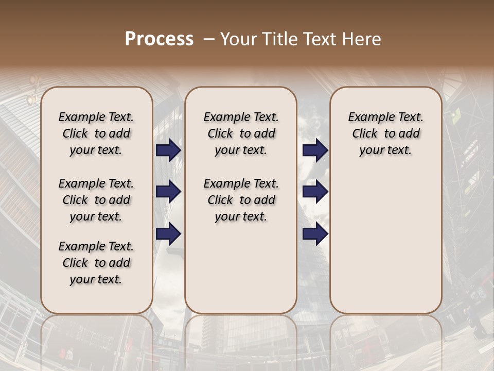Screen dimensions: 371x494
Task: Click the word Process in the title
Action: pyautogui.click(x=159, y=39)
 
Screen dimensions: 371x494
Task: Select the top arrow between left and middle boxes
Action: pyautogui.click(x=168, y=150)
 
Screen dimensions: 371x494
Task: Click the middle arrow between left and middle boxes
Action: pyautogui.click(x=168, y=192)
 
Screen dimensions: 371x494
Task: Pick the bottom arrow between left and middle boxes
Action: pyautogui.click(x=168, y=234)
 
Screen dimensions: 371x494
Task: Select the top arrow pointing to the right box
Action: pyautogui.click(x=315, y=150)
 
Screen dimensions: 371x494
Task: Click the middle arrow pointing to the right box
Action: pyautogui.click(x=315, y=192)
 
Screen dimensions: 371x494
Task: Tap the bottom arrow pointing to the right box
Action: pyautogui.click(x=315, y=234)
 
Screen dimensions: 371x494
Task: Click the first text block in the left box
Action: pyautogui.click(x=96, y=133)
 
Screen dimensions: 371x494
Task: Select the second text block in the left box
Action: pyautogui.click(x=96, y=200)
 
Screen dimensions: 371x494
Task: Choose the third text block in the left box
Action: pyautogui.click(x=96, y=263)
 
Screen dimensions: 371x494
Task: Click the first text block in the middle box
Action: pyautogui.click(x=241, y=133)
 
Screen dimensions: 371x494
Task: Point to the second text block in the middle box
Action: pyautogui.click(x=241, y=200)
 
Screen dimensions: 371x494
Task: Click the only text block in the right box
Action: pyautogui.click(x=385, y=133)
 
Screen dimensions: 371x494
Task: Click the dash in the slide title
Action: pyautogui.click(x=209, y=39)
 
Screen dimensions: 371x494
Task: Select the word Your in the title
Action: pyautogui.click(x=240, y=39)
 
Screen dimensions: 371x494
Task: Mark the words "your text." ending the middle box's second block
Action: pyautogui.click(x=241, y=217)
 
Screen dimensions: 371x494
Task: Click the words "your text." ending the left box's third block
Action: pyautogui.click(x=96, y=280)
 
